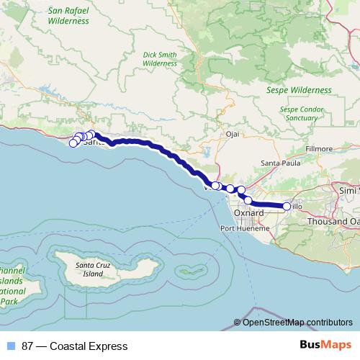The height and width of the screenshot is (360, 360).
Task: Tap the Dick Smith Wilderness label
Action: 160,58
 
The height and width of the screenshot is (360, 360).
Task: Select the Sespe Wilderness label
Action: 300,91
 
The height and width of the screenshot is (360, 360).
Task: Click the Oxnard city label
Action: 249,214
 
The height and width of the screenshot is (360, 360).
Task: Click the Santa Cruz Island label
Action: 94,269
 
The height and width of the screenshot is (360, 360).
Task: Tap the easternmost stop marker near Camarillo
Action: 287,207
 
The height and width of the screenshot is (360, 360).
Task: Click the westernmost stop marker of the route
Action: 73,143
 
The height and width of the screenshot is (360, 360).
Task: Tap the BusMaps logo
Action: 322,346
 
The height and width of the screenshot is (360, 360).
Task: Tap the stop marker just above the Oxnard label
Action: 248,200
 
